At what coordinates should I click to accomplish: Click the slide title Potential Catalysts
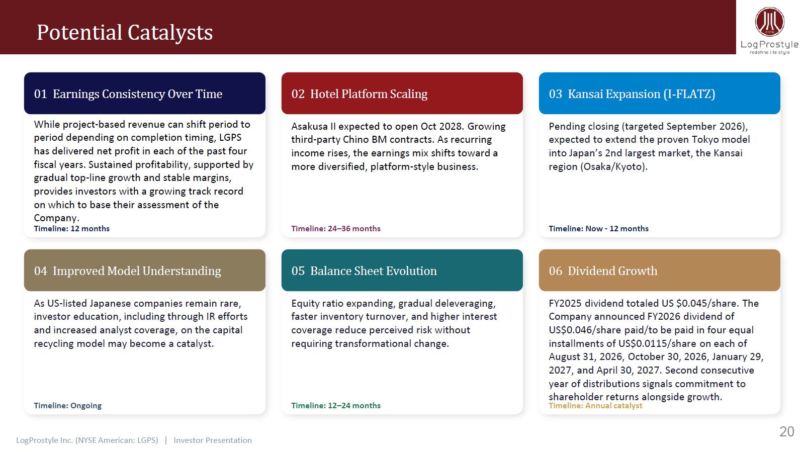pyautogui.click(x=125, y=32)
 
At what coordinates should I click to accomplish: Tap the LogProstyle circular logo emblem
pyautogui.click(x=769, y=22)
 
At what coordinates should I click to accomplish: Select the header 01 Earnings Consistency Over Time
pyautogui.click(x=128, y=94)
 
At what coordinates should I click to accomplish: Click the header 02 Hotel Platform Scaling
pyautogui.click(x=360, y=94)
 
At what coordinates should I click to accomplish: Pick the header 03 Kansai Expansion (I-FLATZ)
pyautogui.click(x=632, y=94)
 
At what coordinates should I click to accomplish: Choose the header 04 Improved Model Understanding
pyautogui.click(x=127, y=270)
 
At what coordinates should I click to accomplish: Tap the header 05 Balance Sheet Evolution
pyautogui.click(x=364, y=270)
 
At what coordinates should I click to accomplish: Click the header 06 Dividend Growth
pyautogui.click(x=603, y=270)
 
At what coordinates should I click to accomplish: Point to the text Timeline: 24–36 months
pyautogui.click(x=335, y=228)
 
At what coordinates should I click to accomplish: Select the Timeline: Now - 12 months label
pyautogui.click(x=598, y=228)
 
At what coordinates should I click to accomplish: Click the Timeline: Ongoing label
pyautogui.click(x=67, y=406)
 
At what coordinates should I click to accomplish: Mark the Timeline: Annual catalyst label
pyautogui.click(x=595, y=406)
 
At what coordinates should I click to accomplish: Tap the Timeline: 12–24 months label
pyautogui.click(x=335, y=405)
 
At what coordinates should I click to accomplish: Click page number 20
pyautogui.click(x=787, y=431)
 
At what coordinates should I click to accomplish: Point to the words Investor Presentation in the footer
pyautogui.click(x=213, y=440)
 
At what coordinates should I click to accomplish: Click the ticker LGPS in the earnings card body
pyautogui.click(x=230, y=137)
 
